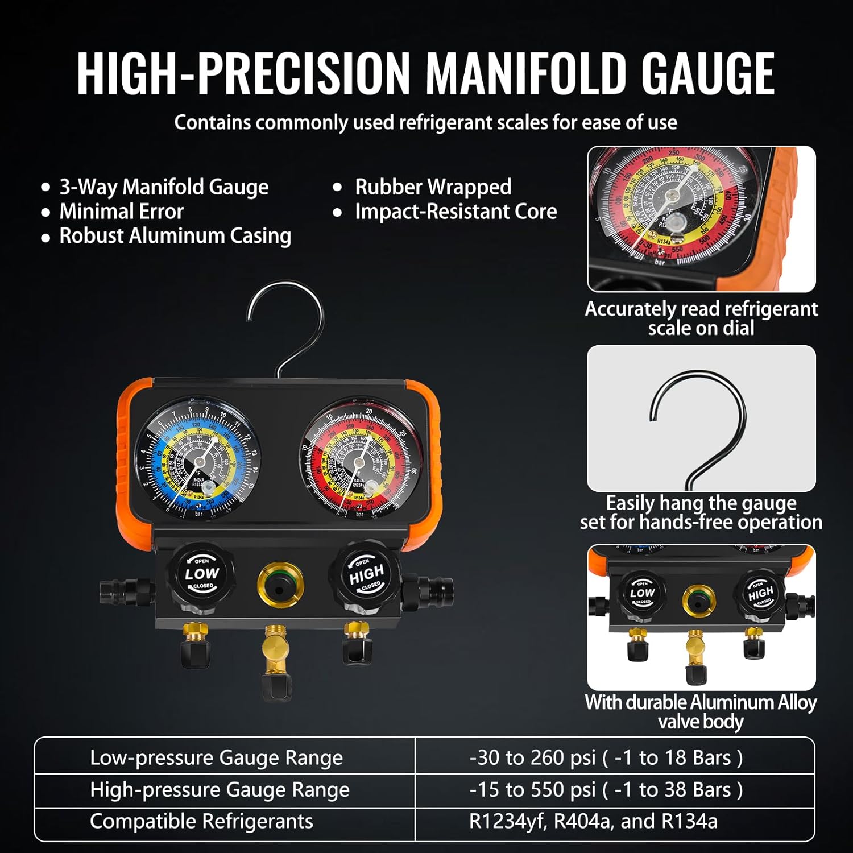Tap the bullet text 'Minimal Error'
(x=121, y=212)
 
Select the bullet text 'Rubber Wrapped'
(x=433, y=187)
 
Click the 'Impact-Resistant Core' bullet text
(x=456, y=212)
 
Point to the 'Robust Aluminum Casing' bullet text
(x=175, y=236)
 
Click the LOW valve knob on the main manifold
(x=201, y=574)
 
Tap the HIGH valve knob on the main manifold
(x=366, y=574)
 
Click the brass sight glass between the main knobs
(x=280, y=584)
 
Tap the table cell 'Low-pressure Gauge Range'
(x=216, y=758)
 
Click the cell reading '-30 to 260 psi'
(x=606, y=758)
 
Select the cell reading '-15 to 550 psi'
(x=606, y=790)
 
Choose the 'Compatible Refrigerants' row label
(x=201, y=822)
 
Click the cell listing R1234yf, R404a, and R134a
(x=593, y=822)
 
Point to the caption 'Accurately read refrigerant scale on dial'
(x=701, y=318)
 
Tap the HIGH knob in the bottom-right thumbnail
(x=760, y=594)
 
